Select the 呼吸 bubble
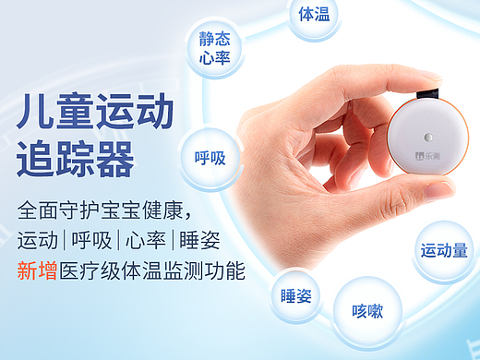pos(210,158)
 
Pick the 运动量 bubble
pos(444,249)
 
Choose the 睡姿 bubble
pos(296,296)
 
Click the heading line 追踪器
pos(75,158)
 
